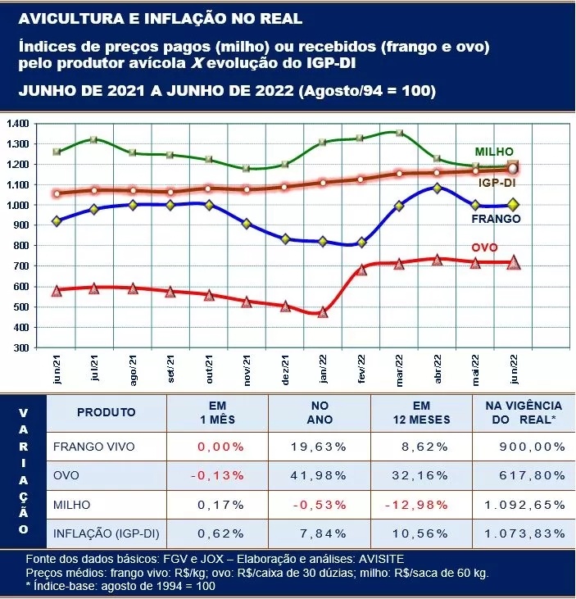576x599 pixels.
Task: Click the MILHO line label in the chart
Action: point(494,152)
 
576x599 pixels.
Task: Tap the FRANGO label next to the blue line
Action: point(496,219)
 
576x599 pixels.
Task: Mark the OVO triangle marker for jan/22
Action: point(323,312)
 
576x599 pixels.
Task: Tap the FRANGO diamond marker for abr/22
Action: point(437,188)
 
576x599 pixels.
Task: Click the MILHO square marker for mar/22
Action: point(399,133)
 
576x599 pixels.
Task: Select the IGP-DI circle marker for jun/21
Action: point(57,194)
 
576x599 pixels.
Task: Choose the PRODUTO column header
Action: point(107,412)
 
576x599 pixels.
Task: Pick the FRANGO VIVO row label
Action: point(93,447)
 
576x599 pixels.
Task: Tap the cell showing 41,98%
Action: point(320,476)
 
